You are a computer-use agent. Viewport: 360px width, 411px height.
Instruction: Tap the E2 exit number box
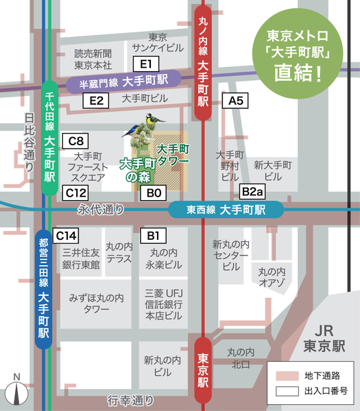[x=96, y=101]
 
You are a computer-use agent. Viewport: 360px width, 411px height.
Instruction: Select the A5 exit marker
[x=236, y=101]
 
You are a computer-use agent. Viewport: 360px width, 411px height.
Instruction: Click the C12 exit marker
[x=75, y=193]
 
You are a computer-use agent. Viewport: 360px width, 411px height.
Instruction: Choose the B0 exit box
[x=153, y=194]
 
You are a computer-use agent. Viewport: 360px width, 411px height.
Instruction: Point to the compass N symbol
[x=16, y=392]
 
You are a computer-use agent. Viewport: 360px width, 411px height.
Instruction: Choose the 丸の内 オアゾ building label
[x=272, y=278]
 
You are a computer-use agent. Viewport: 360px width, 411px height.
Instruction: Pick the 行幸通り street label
[x=130, y=399]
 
